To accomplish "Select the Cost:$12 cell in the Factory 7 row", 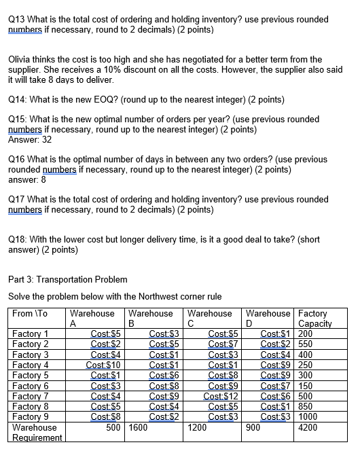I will tap(221, 396).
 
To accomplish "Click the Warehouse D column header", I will tap(268, 318).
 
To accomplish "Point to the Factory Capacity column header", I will tap(314, 318).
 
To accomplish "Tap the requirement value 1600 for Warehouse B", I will tap(140, 428).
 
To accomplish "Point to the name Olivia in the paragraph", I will tap(20, 60).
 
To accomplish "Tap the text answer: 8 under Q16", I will tap(27, 180).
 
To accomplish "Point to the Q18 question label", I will tap(18, 239).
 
